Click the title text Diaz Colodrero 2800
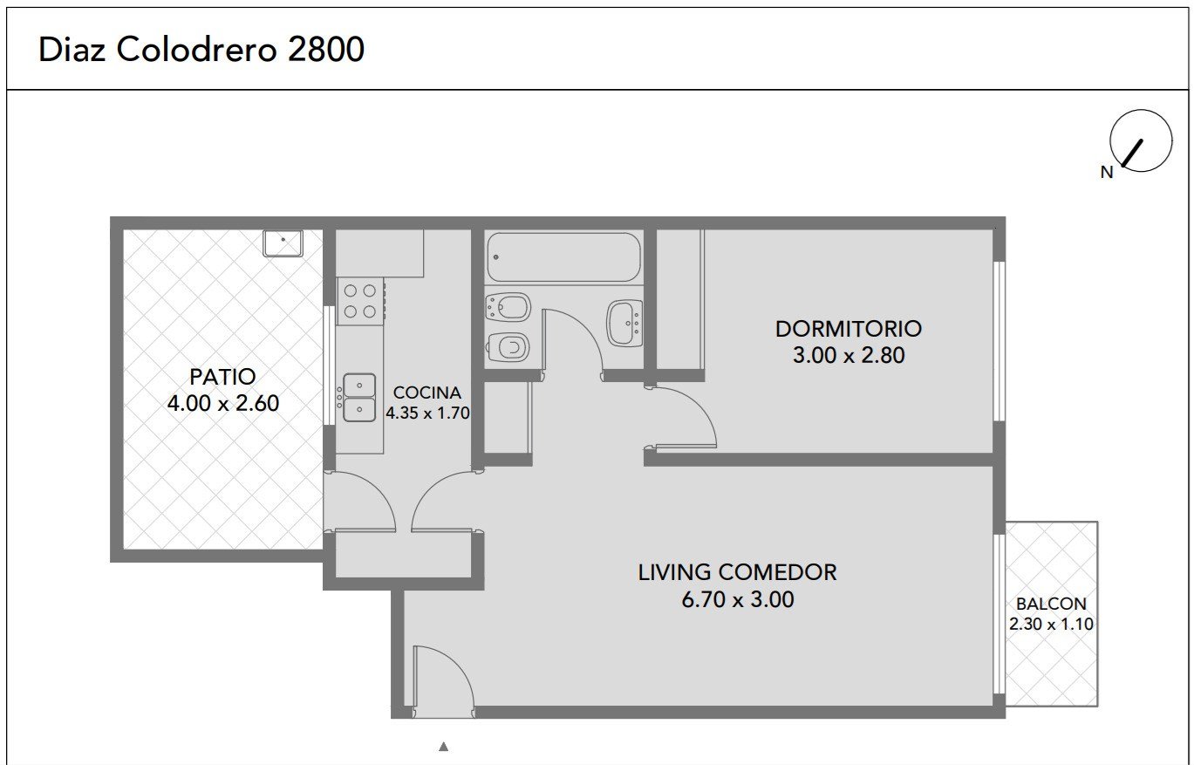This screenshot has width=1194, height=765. (x=201, y=50)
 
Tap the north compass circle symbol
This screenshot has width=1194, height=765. (x=1141, y=140)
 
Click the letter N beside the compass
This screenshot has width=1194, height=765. (x=1107, y=172)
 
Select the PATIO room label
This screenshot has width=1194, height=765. (x=222, y=377)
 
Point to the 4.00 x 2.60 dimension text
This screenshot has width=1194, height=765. (x=222, y=403)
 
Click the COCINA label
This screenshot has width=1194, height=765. (x=427, y=393)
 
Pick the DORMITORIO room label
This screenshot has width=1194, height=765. (x=848, y=329)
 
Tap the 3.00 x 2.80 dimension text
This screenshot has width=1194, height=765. (x=849, y=355)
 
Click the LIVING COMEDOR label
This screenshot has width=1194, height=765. (x=737, y=572)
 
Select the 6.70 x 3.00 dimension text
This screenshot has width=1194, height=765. (x=738, y=599)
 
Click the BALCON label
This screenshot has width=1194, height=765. (x=1051, y=604)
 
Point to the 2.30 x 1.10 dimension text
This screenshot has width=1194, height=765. (x=1051, y=624)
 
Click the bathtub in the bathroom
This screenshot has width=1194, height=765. (x=563, y=257)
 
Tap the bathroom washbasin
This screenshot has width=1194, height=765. (x=624, y=324)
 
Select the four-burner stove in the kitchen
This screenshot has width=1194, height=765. (x=361, y=301)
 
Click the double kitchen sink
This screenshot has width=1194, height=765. (x=358, y=397)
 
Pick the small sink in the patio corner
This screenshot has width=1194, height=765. (x=283, y=243)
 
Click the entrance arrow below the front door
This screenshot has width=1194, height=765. (x=443, y=747)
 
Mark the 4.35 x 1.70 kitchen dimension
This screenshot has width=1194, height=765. (x=427, y=413)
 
